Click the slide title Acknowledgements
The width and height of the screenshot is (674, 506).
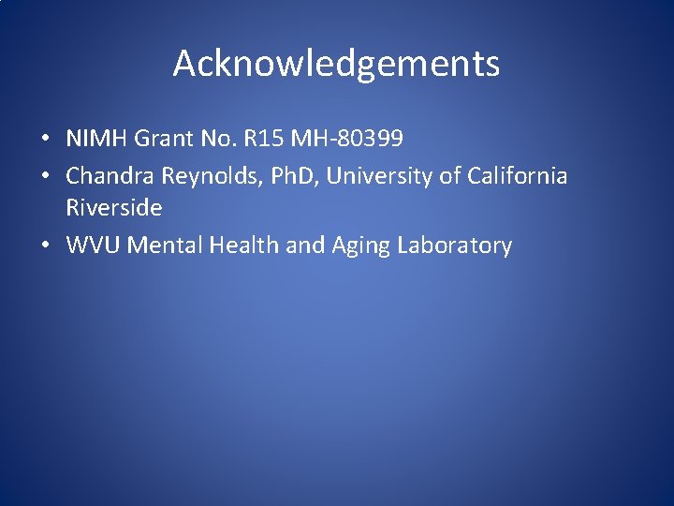point(336,64)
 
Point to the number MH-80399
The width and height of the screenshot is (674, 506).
point(347,140)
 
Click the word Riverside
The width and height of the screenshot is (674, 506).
point(113,207)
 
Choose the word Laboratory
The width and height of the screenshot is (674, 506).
point(454,246)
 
